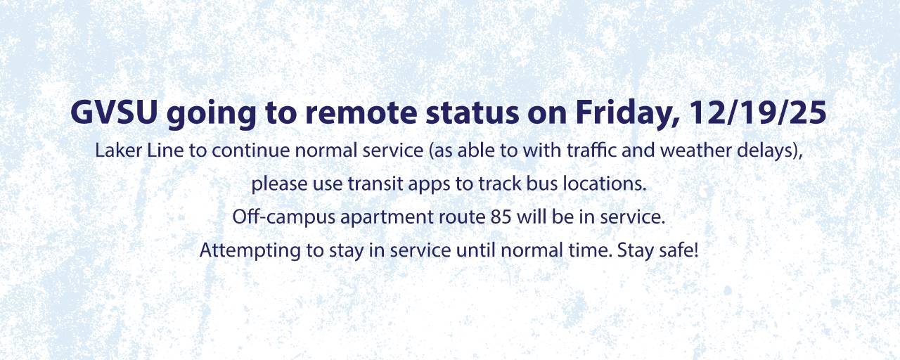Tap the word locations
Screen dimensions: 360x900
coord(605,185)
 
